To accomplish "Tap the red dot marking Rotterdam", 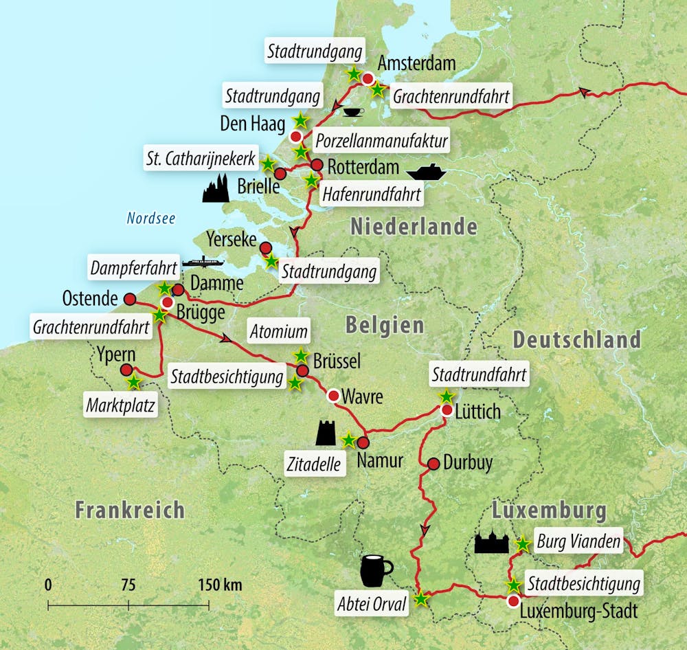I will pyautogui.click(x=317, y=165).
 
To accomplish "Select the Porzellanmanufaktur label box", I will pyautogui.click(x=381, y=142).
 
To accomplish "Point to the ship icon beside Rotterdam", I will pyautogui.click(x=426, y=170).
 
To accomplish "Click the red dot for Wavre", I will pyautogui.click(x=333, y=395).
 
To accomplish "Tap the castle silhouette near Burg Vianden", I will pyautogui.click(x=491, y=542).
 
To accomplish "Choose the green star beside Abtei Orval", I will pyautogui.click(x=421, y=599).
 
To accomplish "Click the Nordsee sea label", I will pyautogui.click(x=150, y=219).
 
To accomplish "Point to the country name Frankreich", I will pyautogui.click(x=129, y=510).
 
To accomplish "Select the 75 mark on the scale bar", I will pyautogui.click(x=128, y=585).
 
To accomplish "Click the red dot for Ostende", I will pyautogui.click(x=129, y=299).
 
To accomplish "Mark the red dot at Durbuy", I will pyautogui.click(x=433, y=464).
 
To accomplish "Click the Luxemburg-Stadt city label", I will pyautogui.click(x=579, y=611).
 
